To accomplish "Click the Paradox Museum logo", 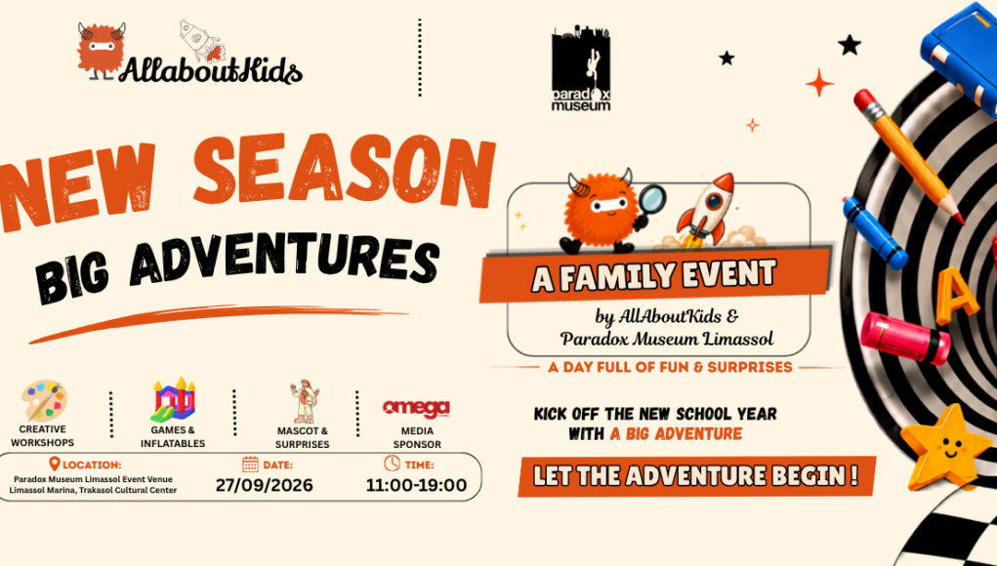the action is [x=580, y=68].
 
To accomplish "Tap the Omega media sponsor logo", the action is [x=417, y=409].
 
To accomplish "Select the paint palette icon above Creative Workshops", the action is [x=43, y=401].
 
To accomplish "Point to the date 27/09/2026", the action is [x=264, y=485].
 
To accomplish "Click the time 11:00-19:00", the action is [x=417, y=485].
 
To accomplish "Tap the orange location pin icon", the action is [x=55, y=465].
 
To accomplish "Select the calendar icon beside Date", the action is [x=251, y=464].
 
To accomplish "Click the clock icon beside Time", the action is [x=393, y=464].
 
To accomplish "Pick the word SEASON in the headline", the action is [x=344, y=172].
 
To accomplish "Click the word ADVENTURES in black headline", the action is [x=284, y=262].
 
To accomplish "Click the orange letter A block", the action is [x=956, y=296].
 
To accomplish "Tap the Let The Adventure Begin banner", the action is [x=696, y=476].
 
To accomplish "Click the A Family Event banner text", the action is [x=654, y=276].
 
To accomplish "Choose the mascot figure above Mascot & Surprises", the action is [x=304, y=401].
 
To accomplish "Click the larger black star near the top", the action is [x=849, y=45].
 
